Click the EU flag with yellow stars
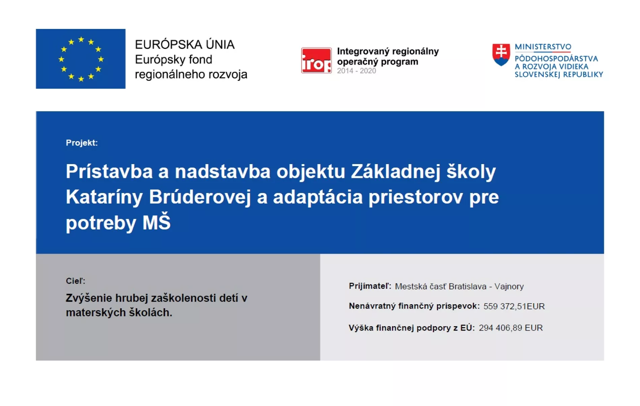(x=81, y=59)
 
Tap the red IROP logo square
(x=316, y=60)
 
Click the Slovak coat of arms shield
(x=501, y=55)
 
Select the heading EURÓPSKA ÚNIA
(x=185, y=44)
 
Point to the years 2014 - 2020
(x=356, y=71)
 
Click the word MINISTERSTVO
(x=543, y=47)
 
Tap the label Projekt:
(x=82, y=143)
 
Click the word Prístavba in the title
(x=109, y=171)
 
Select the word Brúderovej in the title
(x=200, y=197)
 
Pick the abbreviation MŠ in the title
(x=157, y=222)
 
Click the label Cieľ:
(x=76, y=281)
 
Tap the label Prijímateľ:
(x=370, y=286)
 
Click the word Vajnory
(x=509, y=286)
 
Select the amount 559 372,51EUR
(x=514, y=306)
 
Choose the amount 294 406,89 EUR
(x=511, y=328)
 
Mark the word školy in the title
(x=471, y=171)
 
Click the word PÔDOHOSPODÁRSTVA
(x=556, y=59)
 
